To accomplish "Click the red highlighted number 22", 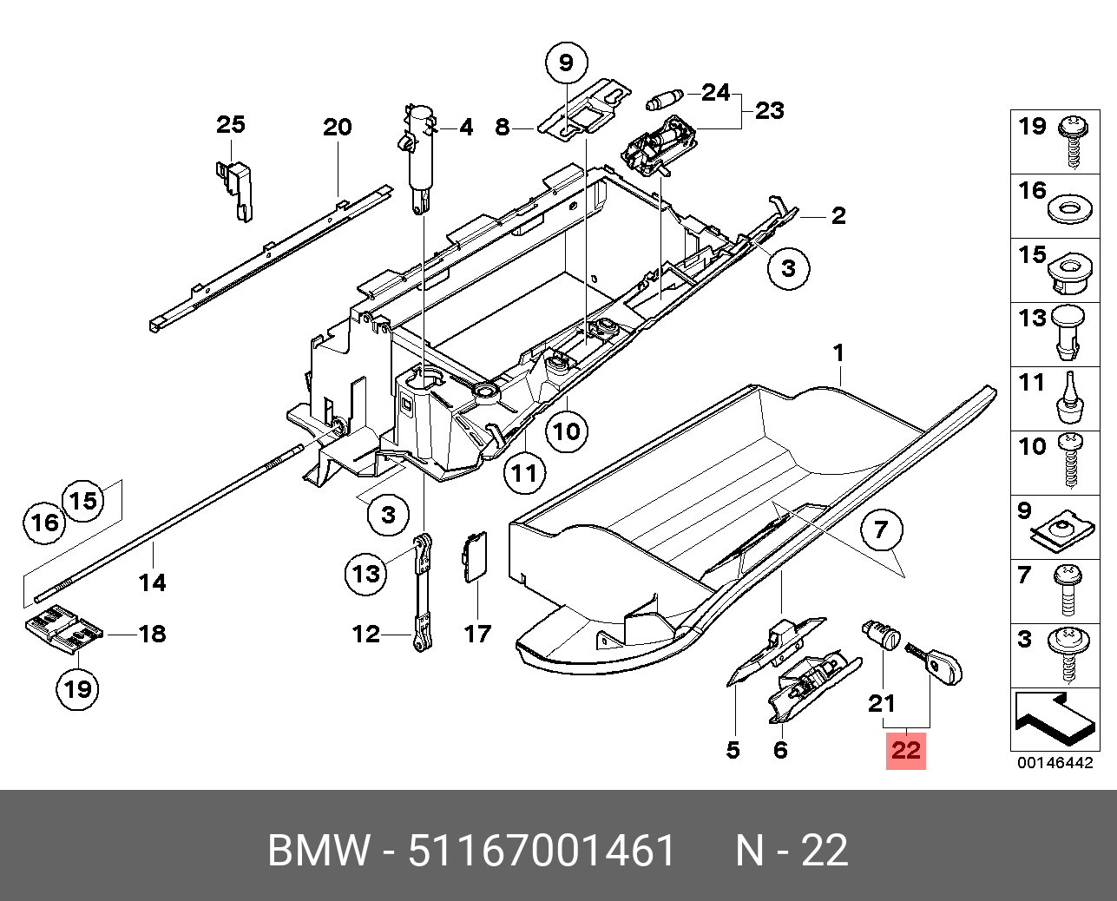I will (905, 749).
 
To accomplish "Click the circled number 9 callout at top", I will (566, 62).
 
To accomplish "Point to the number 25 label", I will (231, 125).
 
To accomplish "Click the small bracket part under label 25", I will (235, 186).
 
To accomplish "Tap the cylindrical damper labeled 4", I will (420, 156).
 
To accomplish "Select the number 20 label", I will (338, 128).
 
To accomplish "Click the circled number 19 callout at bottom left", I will (78, 689).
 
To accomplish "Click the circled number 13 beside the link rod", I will (366, 574).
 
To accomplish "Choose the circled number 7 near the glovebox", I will (882, 529).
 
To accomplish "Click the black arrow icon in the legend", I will (1053, 715).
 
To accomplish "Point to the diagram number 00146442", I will (1055, 763).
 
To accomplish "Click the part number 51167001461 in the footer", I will (542, 851).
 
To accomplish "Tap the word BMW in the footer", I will (319, 851).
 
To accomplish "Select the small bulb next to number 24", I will (667, 99).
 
